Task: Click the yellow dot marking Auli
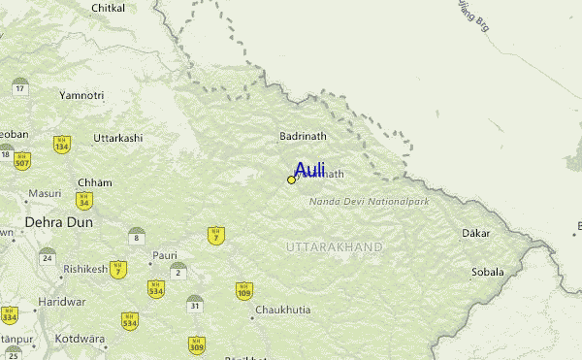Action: tap(291, 180)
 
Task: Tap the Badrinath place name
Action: tap(303, 137)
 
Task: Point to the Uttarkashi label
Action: tap(117, 138)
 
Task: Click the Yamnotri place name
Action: tap(81, 95)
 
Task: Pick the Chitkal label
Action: tap(108, 8)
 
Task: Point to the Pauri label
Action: tap(164, 255)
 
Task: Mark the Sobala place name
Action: tap(487, 272)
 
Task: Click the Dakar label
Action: tap(476, 233)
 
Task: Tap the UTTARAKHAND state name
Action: tap(335, 247)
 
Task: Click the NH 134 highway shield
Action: tap(61, 145)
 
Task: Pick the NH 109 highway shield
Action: tap(243, 290)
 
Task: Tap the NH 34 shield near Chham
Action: tap(84, 202)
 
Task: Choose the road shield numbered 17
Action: tap(19, 86)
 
